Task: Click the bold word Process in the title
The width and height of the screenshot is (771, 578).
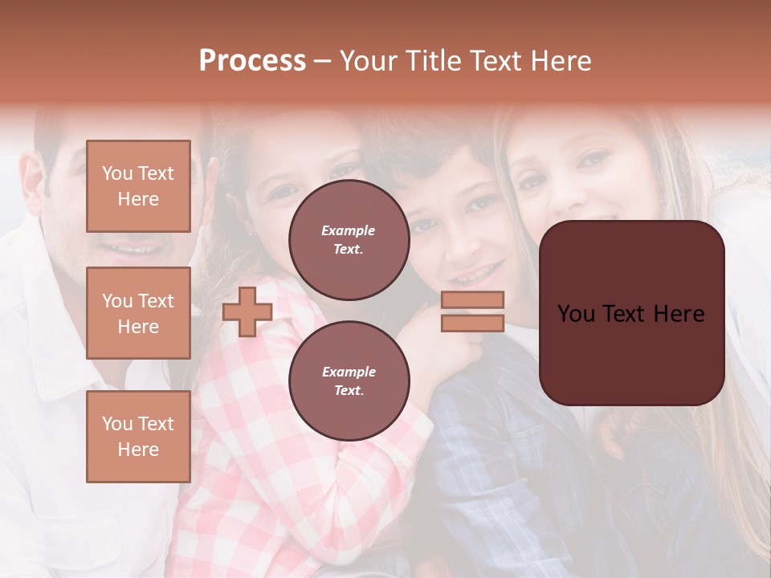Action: (x=252, y=61)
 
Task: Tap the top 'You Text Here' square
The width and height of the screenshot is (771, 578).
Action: (x=138, y=186)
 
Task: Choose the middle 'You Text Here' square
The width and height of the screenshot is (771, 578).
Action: (x=138, y=313)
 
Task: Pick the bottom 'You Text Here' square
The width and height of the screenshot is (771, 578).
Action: (x=138, y=437)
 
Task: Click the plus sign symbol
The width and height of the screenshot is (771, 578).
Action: (x=247, y=311)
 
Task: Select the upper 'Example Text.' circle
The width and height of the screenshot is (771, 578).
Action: (x=349, y=240)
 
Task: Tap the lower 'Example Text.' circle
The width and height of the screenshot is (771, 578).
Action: (x=349, y=381)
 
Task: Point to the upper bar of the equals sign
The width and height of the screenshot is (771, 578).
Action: (x=473, y=299)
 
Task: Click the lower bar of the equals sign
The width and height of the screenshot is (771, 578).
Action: (x=473, y=323)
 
